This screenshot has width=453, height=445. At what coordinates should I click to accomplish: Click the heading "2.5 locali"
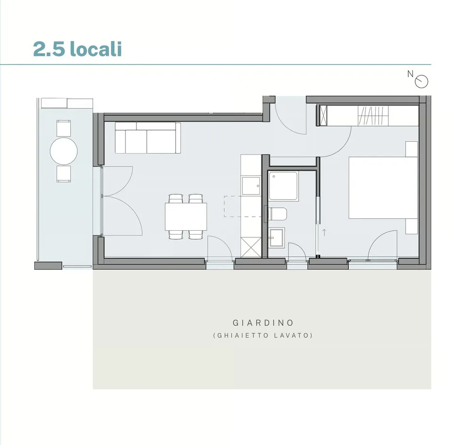[77, 49]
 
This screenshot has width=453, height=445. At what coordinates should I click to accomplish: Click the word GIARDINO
[263, 323]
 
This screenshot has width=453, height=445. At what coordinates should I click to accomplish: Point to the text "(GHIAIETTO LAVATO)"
[263, 335]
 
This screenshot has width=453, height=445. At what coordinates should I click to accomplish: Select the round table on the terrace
[64, 151]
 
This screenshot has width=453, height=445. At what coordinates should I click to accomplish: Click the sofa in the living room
[148, 138]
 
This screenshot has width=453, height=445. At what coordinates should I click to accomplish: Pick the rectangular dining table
[186, 217]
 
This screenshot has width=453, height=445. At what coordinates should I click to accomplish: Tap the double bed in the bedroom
[383, 187]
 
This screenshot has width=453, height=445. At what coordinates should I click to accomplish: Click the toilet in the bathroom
[277, 214]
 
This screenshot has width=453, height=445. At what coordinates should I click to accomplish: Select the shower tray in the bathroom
[283, 186]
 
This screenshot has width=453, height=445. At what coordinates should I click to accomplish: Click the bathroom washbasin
[277, 237]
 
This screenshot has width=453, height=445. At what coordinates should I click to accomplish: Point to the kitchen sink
[251, 186]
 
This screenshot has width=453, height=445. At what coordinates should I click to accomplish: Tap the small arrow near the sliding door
[324, 232]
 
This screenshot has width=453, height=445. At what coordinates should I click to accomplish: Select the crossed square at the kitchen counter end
[251, 247]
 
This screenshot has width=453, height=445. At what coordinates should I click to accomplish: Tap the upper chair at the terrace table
[64, 128]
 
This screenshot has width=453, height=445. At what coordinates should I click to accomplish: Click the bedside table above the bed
[411, 149]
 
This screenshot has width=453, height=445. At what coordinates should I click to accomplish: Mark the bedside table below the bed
[411, 227]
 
